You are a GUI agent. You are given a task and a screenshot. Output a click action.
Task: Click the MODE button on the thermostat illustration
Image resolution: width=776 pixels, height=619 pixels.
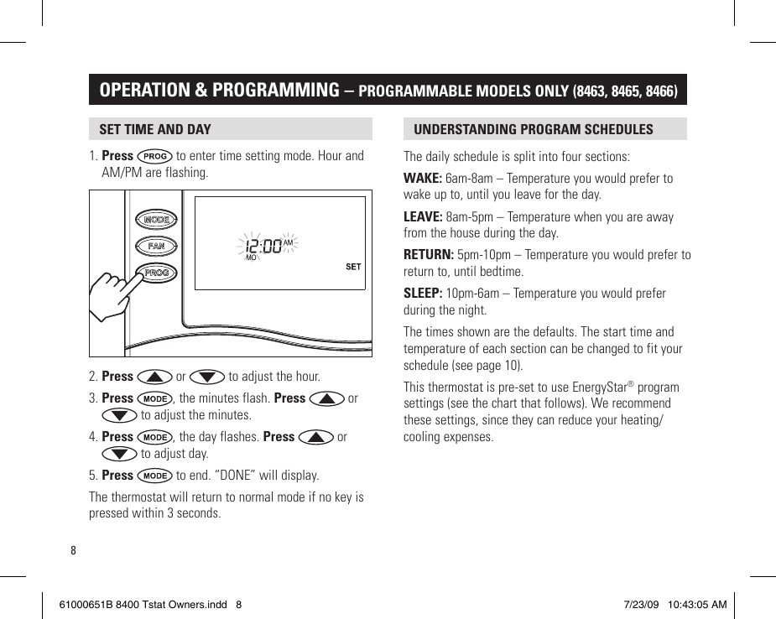(156, 220)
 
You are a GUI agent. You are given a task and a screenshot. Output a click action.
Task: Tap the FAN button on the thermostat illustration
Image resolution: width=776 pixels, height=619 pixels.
(156, 247)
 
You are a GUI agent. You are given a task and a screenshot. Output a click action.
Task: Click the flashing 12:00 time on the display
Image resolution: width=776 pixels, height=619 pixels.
(263, 247)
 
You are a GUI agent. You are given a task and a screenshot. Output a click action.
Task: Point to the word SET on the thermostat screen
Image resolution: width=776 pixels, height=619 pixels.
(353, 267)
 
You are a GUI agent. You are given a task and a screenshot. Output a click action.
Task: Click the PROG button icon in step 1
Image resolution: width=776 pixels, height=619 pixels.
(155, 156)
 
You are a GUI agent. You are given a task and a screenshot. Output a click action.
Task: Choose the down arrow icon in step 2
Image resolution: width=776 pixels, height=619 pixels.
(207, 377)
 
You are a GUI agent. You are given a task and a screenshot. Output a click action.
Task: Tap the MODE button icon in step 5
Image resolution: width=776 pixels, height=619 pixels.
(155, 476)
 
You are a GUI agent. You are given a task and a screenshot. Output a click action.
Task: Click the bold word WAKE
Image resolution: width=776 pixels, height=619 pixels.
(422, 178)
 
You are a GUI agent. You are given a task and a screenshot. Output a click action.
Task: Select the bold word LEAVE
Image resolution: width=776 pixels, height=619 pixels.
(423, 216)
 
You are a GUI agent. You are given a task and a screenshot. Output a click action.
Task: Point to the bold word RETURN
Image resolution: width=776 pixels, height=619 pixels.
(428, 255)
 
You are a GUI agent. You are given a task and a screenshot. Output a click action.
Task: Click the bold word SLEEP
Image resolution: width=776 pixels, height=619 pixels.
(423, 294)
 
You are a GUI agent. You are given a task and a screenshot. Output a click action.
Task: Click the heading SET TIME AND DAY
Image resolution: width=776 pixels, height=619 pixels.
(155, 129)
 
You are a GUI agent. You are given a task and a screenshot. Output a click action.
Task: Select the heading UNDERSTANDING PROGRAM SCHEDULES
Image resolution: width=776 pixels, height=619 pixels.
(533, 129)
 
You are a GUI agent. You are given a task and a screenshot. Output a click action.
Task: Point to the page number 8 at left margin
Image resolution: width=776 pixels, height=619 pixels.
(73, 551)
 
